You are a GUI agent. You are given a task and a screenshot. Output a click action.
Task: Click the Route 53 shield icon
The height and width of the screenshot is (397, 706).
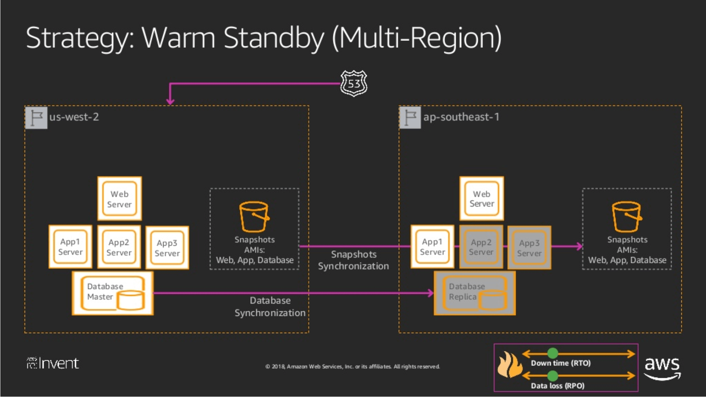(x=354, y=83)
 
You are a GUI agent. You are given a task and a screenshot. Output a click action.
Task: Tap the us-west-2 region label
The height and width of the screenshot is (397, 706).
(x=74, y=117)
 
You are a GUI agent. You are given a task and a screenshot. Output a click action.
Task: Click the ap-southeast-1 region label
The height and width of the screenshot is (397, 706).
(x=461, y=117)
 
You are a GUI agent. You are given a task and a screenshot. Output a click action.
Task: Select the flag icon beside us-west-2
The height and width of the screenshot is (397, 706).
(x=36, y=118)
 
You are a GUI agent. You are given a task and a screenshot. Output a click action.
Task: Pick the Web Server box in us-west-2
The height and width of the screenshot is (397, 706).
(x=119, y=199)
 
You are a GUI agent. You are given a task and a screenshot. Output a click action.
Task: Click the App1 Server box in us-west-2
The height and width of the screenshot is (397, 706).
(x=70, y=247)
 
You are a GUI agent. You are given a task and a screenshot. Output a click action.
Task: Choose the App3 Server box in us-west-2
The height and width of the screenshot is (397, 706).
(x=167, y=248)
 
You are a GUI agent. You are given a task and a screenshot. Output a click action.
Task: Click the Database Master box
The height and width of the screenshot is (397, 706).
(x=113, y=293)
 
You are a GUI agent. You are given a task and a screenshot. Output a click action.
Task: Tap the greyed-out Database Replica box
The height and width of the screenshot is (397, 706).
(x=474, y=293)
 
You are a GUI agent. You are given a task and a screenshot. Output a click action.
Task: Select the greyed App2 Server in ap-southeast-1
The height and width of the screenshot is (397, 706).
(x=481, y=247)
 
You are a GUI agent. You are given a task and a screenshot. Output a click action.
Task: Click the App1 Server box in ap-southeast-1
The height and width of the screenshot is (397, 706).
(x=432, y=247)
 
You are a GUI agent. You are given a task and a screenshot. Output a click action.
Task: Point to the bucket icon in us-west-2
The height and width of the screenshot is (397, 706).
(x=254, y=217)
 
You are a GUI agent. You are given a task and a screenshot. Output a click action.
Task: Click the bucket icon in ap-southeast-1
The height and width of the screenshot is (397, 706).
(x=627, y=217)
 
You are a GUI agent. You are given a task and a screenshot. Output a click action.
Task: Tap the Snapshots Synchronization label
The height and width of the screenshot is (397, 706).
(x=353, y=260)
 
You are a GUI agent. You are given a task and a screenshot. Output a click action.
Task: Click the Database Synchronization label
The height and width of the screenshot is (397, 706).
(x=270, y=307)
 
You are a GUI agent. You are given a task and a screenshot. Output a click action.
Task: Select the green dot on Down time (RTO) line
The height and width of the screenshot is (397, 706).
(x=552, y=353)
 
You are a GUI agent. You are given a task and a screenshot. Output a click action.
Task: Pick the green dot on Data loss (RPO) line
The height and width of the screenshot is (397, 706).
(x=552, y=375)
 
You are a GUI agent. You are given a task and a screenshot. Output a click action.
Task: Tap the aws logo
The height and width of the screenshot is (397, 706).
(x=662, y=367)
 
